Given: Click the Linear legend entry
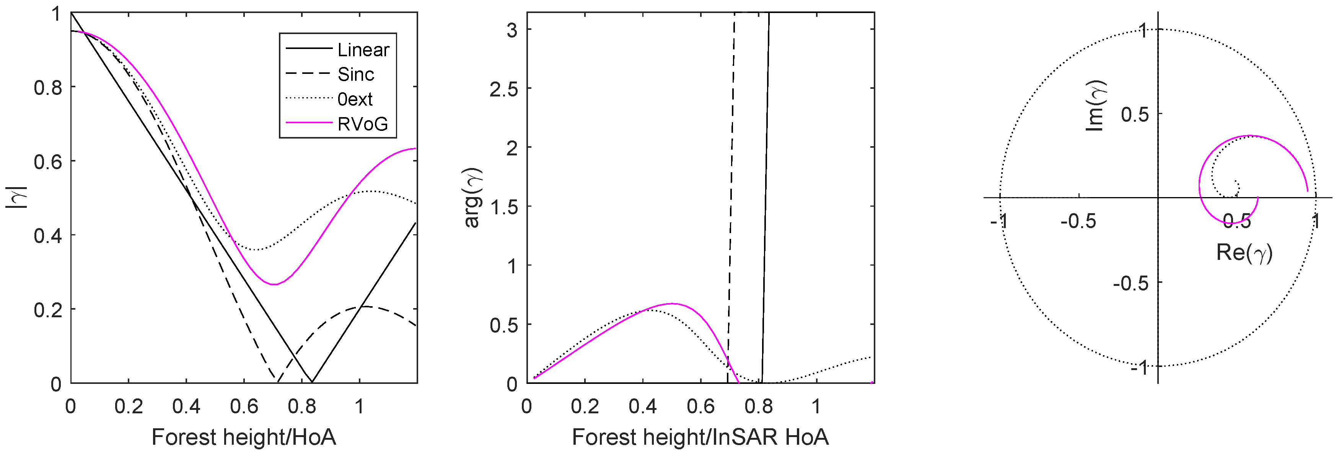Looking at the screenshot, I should point(363,50).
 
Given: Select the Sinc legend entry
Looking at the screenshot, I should point(355,74).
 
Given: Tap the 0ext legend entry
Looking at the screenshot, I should point(355,99).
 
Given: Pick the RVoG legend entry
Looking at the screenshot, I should point(362,124).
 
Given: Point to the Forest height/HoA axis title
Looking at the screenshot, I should point(243,437).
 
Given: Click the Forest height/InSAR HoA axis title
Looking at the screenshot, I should point(700,437).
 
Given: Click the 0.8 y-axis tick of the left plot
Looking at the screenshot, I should point(48,87).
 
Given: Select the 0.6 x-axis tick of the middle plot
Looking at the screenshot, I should point(700,406).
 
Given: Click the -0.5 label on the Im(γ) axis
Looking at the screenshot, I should point(1130,284).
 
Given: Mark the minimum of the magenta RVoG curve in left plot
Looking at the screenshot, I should point(274,284).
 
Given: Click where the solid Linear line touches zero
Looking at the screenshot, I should point(312,382).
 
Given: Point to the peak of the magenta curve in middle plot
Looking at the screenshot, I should point(671,303).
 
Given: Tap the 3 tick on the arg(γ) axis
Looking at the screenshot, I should point(512,30).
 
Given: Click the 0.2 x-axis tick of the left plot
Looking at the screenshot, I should point(129,406).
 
